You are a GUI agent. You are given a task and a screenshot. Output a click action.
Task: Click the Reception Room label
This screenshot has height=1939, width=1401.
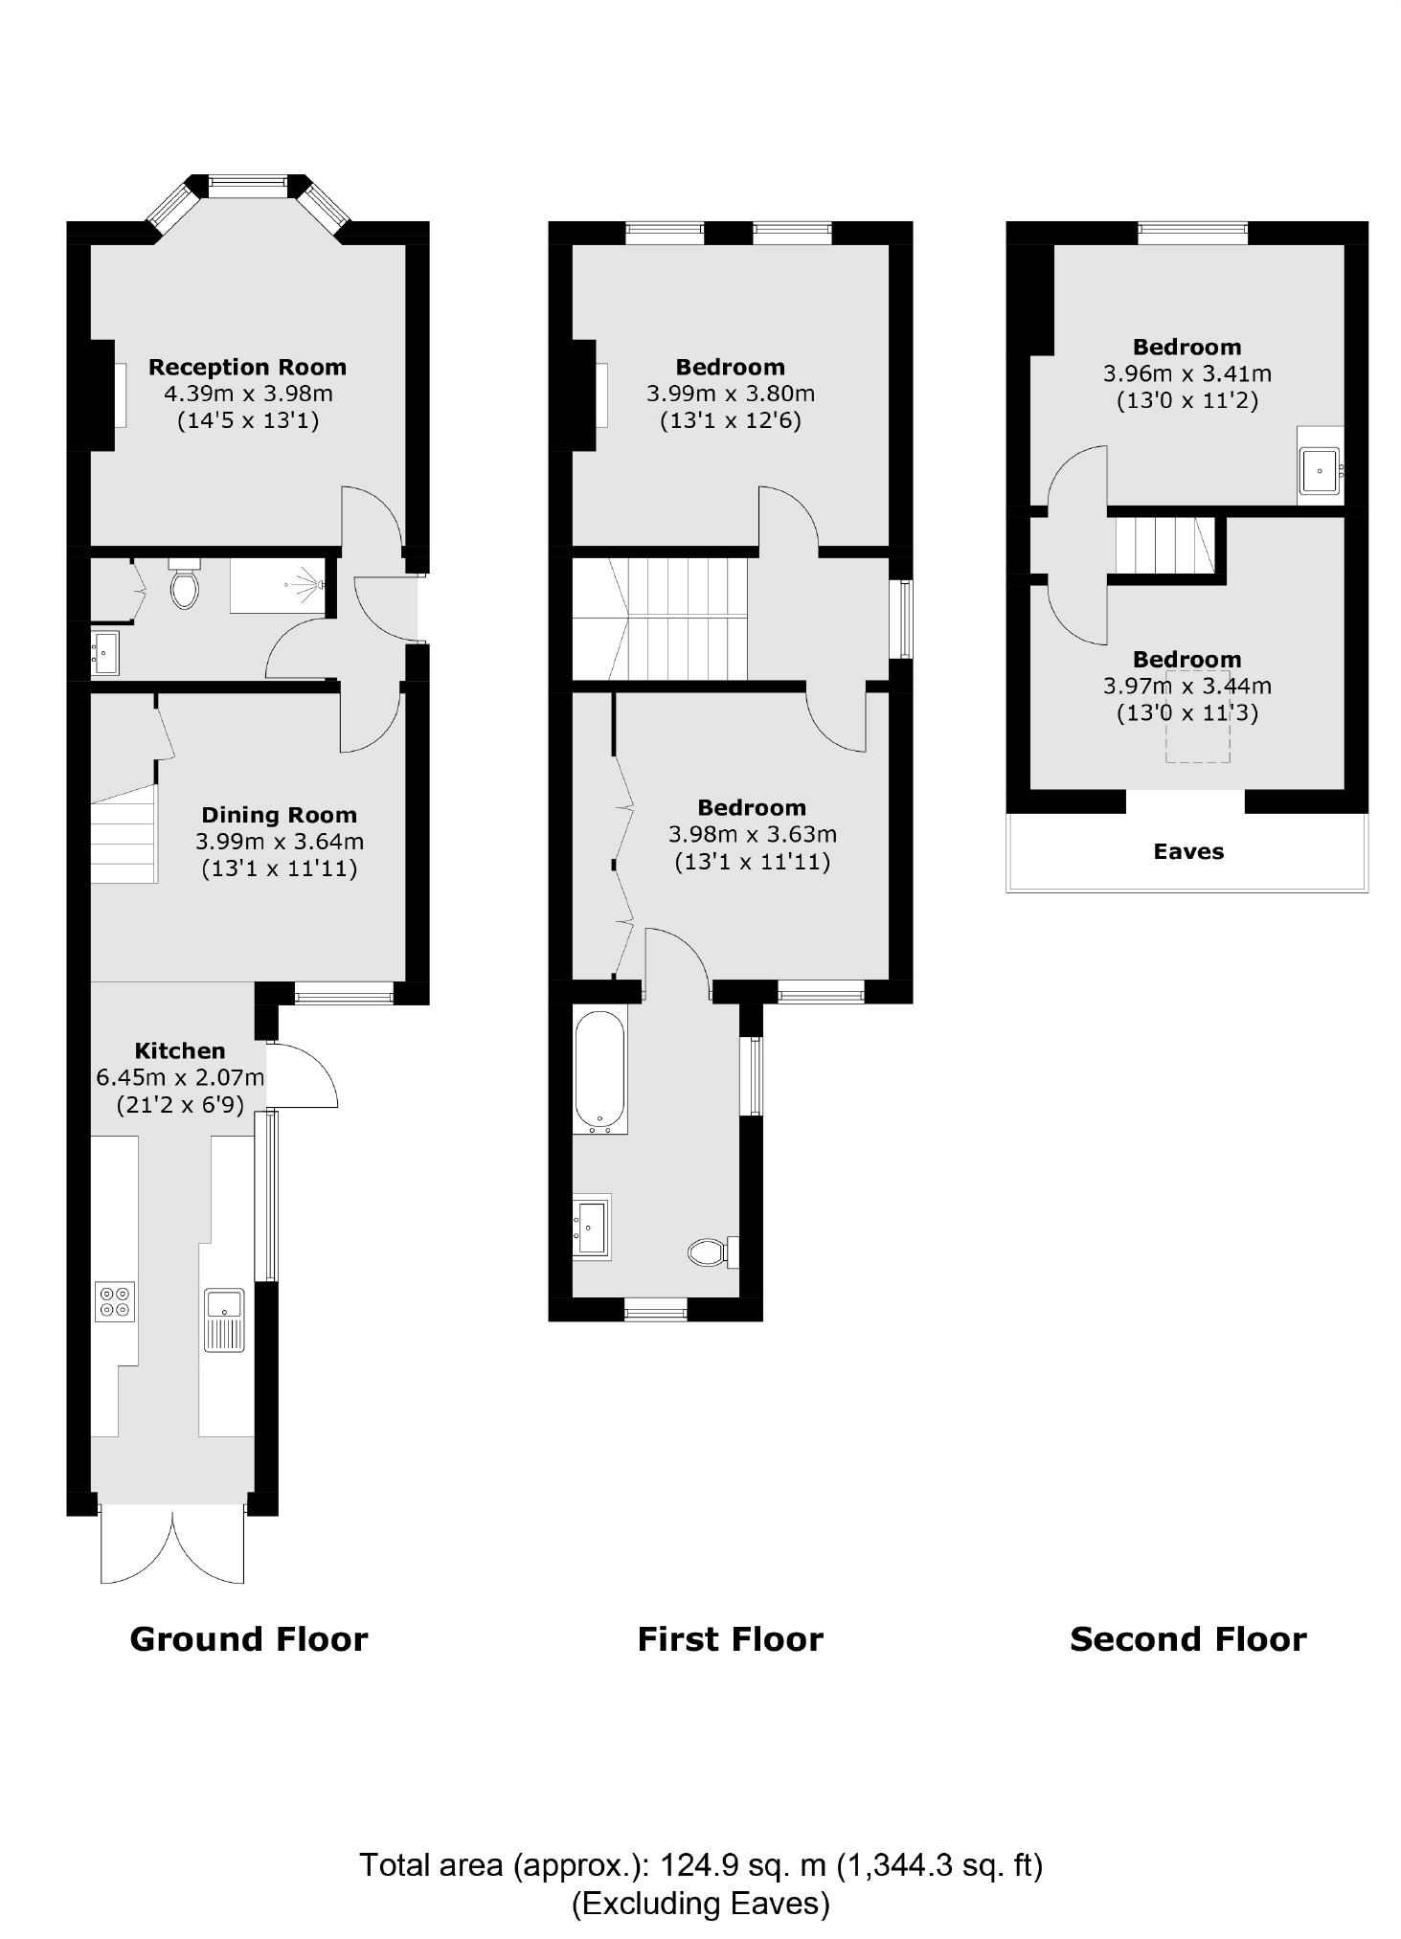(x=247, y=367)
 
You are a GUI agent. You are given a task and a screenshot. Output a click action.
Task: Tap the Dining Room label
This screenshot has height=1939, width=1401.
(x=279, y=815)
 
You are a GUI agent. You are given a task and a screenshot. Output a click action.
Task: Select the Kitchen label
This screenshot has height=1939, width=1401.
(x=180, y=1050)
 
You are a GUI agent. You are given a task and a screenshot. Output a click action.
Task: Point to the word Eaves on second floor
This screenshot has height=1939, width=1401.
(x=1187, y=851)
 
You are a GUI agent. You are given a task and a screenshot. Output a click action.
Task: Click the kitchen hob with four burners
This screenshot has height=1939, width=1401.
(x=115, y=1301)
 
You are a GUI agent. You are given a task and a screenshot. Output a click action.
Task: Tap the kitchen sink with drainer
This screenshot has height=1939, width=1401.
(x=225, y=1319)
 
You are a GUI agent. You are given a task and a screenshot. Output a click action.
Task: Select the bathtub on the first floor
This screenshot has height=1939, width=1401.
(x=599, y=1069)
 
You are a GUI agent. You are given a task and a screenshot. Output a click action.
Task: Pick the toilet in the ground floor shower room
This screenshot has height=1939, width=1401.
(x=184, y=585)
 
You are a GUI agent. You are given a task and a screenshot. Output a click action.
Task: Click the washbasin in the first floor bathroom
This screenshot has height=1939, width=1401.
(x=592, y=1227)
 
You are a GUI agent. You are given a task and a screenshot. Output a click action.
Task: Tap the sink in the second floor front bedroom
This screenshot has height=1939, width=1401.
(x=1321, y=470)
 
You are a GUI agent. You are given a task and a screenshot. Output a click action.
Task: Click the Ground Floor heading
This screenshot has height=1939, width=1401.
(x=249, y=1638)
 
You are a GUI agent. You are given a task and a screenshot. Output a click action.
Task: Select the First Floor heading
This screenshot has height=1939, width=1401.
(x=730, y=1638)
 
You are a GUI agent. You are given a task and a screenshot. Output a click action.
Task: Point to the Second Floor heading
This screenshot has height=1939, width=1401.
(x=1187, y=1638)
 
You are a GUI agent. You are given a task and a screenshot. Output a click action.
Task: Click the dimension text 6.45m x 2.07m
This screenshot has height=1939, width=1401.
(x=180, y=1077)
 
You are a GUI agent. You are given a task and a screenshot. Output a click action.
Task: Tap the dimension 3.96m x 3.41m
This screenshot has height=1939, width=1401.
(x=1186, y=373)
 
